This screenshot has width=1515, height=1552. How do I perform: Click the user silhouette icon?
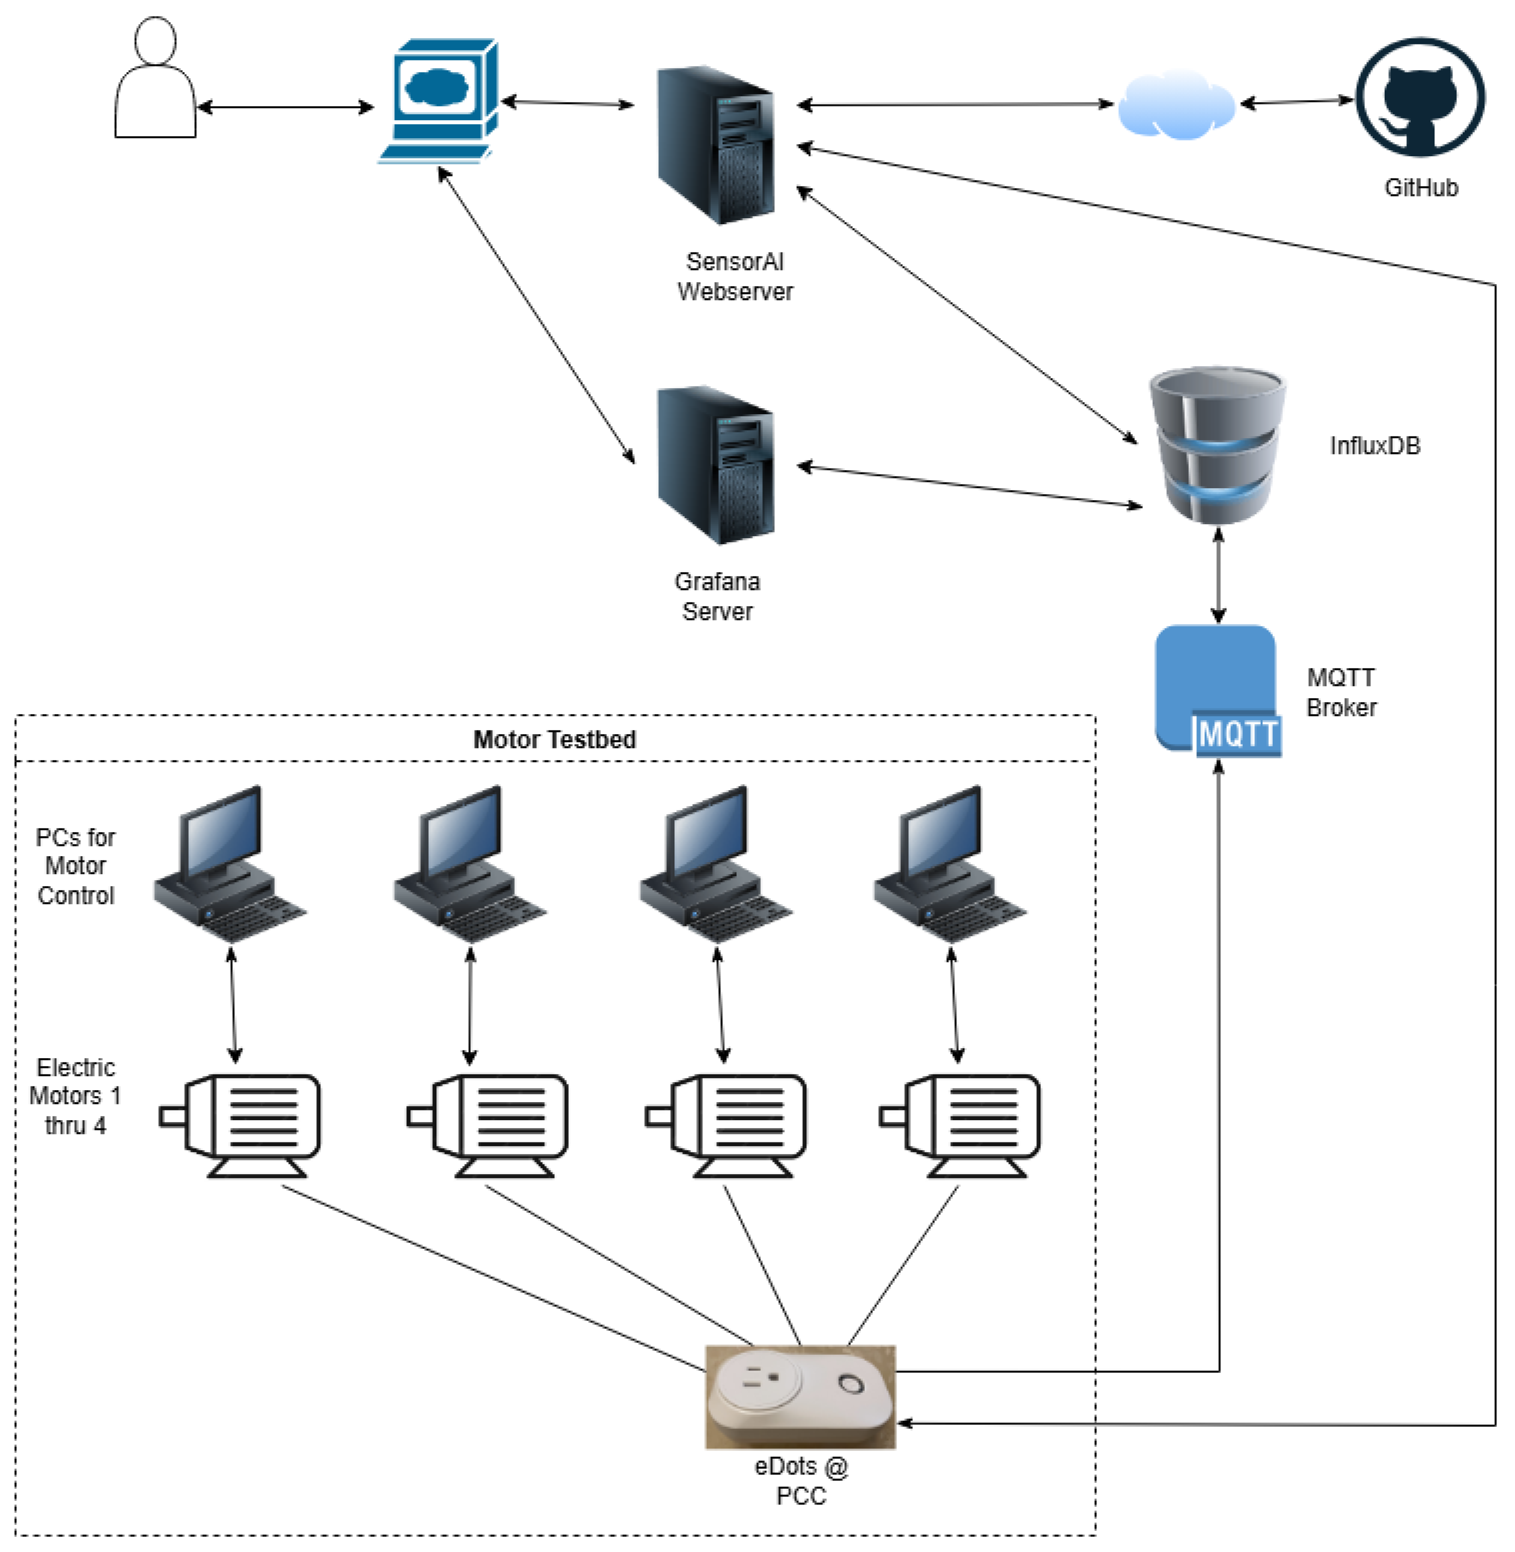[x=155, y=77]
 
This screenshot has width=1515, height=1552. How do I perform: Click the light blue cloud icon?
[x=1176, y=104]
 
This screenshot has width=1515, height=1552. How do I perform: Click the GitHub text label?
[x=1421, y=188]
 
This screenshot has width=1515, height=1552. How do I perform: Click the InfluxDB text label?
[x=1375, y=446]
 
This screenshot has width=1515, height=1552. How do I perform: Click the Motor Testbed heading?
[x=555, y=739]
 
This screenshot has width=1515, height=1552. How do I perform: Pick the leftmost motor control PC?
[x=230, y=864]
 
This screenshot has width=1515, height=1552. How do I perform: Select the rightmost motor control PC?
[x=950, y=864]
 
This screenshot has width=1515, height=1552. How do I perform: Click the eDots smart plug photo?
[x=800, y=1397]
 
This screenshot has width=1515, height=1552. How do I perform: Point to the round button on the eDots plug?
[x=851, y=1384]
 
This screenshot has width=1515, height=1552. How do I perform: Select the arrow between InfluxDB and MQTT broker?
[x=1218, y=575]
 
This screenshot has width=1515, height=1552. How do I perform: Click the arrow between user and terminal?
[x=285, y=107]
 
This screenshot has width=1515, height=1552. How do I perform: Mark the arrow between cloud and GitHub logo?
[x=1297, y=102]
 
